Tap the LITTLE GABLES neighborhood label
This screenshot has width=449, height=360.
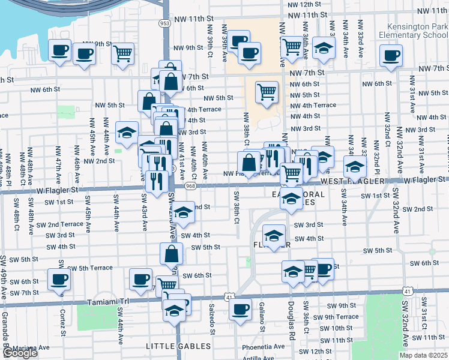[x=179, y=346]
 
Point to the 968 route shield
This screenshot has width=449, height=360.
[x=190, y=187]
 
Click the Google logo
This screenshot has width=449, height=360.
[x=19, y=353]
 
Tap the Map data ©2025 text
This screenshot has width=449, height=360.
[x=424, y=355]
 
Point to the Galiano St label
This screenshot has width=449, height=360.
[x=262, y=319]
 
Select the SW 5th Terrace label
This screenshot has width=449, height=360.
[x=90, y=268]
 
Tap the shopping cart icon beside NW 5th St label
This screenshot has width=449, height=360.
[x=267, y=92]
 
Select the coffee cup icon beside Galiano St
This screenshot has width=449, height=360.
[x=240, y=309]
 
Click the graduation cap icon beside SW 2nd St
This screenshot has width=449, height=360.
[x=184, y=211]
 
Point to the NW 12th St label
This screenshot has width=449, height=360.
[x=304, y=4]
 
